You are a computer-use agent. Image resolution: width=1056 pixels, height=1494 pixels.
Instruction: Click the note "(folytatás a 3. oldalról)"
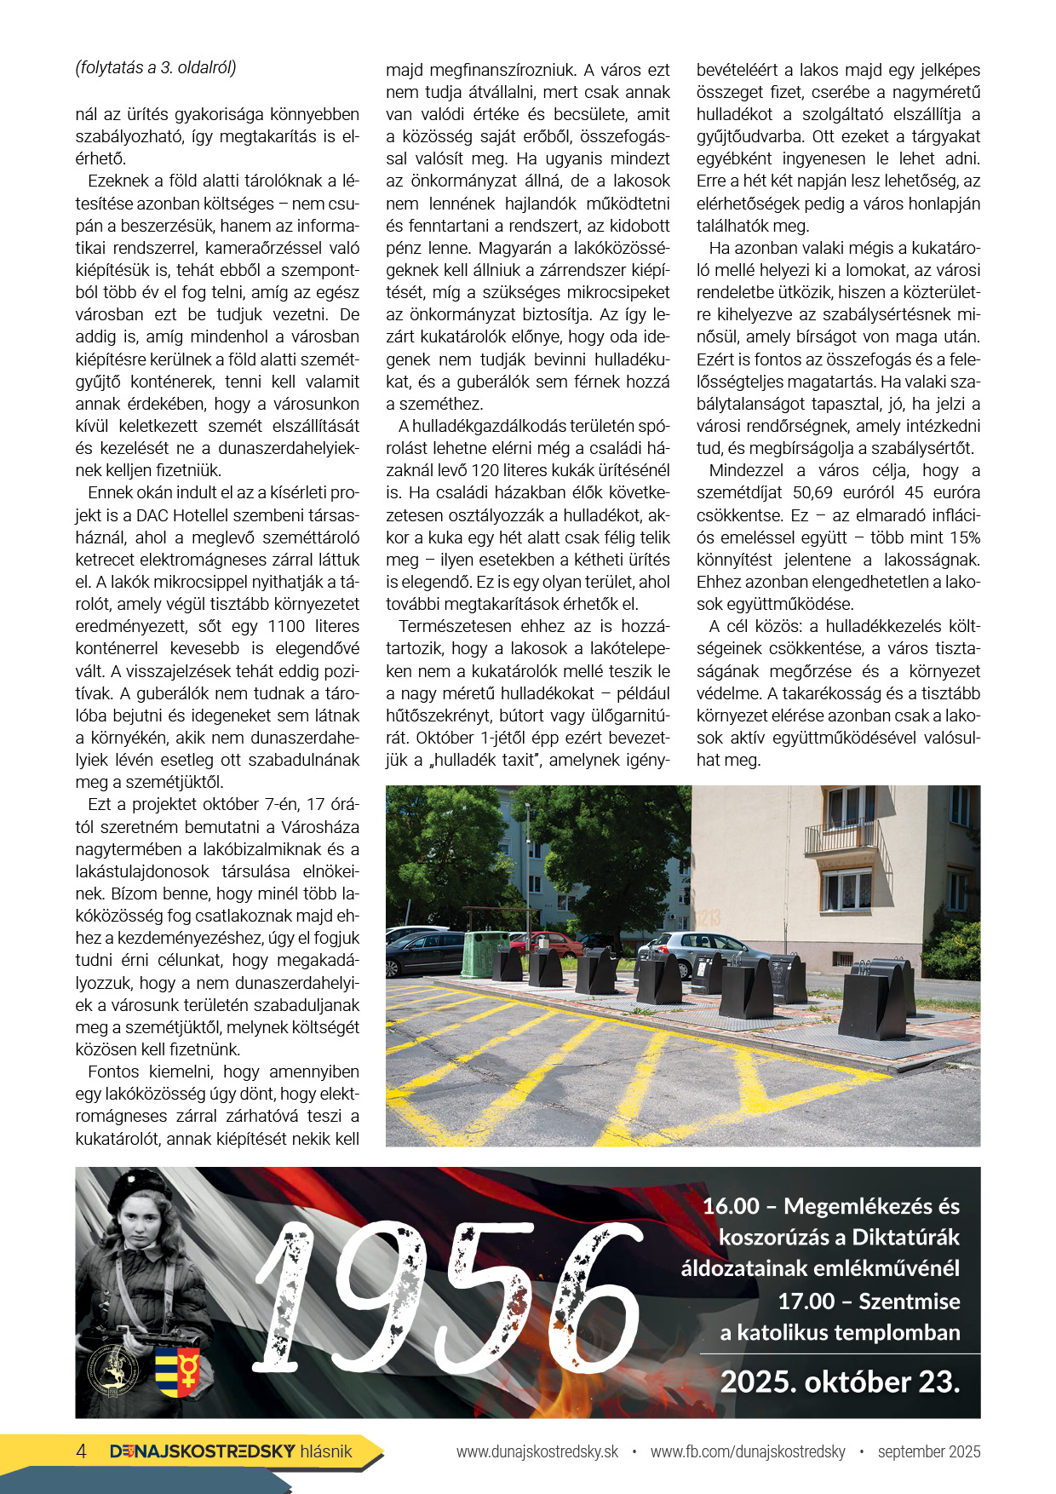pos(156,68)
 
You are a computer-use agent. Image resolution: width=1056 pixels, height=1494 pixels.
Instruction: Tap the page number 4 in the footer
pos(82,1451)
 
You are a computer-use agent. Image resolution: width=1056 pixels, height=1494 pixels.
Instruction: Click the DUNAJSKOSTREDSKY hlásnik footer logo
pos(231,1451)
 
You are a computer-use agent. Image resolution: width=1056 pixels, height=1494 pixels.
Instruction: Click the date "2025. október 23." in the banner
pos(840,1382)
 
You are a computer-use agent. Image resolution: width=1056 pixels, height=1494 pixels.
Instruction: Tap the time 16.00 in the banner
pos(732,1206)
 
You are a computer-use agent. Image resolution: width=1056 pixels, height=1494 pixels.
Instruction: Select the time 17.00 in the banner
pos(806,1302)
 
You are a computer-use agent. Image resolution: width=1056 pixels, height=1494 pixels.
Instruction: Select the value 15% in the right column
pos(961,537)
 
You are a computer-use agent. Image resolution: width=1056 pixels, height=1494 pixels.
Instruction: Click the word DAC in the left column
pos(152,515)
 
